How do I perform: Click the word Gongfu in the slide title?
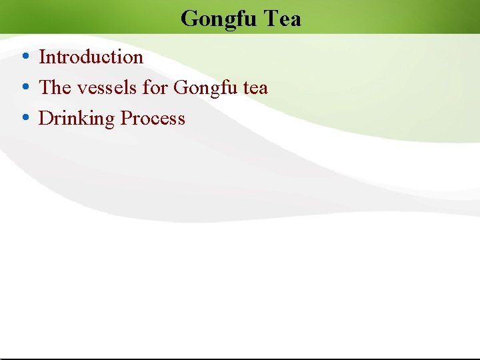coord(218,19)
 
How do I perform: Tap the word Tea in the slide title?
coord(282,18)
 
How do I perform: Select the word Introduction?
coord(91,57)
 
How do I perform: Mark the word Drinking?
coord(77,119)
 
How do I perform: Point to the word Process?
coord(153,119)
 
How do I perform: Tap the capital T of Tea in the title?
coord(271,18)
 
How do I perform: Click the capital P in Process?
coord(125,119)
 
